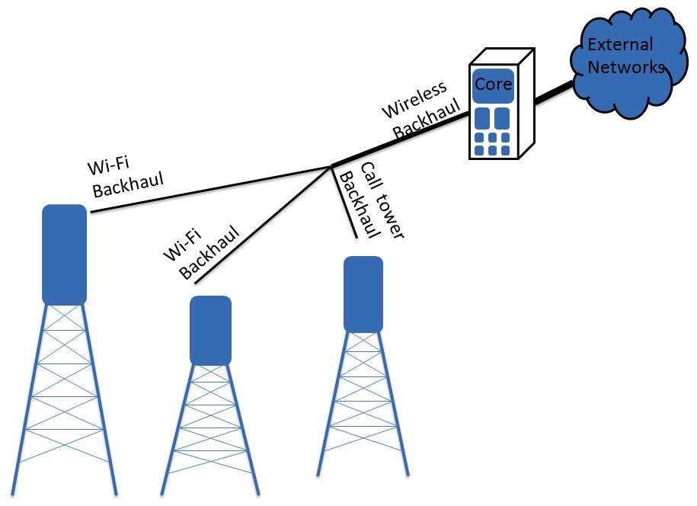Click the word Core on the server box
[493, 84]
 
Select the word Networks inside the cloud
[626, 67]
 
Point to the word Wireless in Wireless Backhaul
[414, 101]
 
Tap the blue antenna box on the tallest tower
[64, 255]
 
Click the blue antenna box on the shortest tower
[210, 330]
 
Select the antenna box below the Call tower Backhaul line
[363, 294]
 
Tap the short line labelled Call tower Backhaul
[345, 202]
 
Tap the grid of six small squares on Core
[493, 143]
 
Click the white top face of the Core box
[499, 59]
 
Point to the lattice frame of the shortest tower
[210, 427]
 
